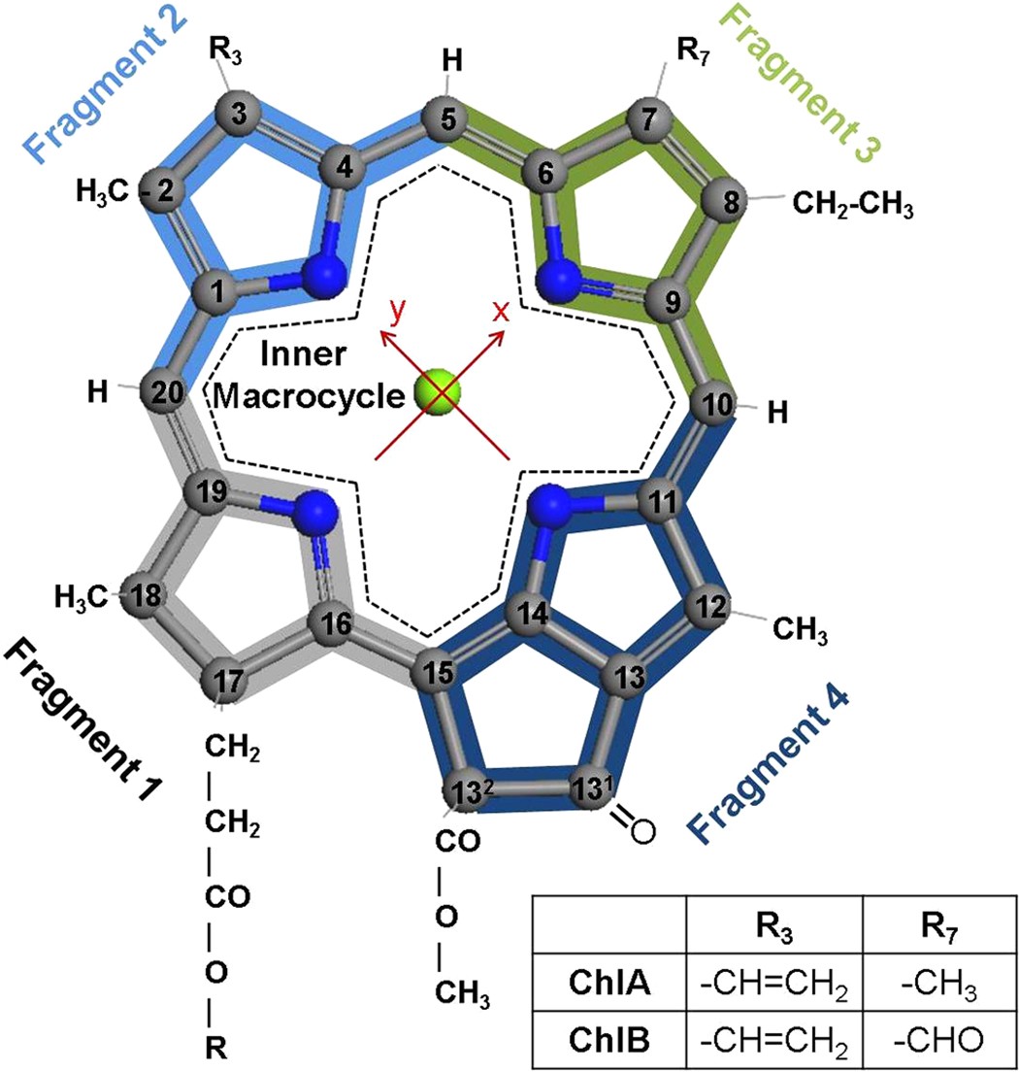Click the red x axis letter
tap(501, 313)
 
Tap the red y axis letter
tap(394, 312)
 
